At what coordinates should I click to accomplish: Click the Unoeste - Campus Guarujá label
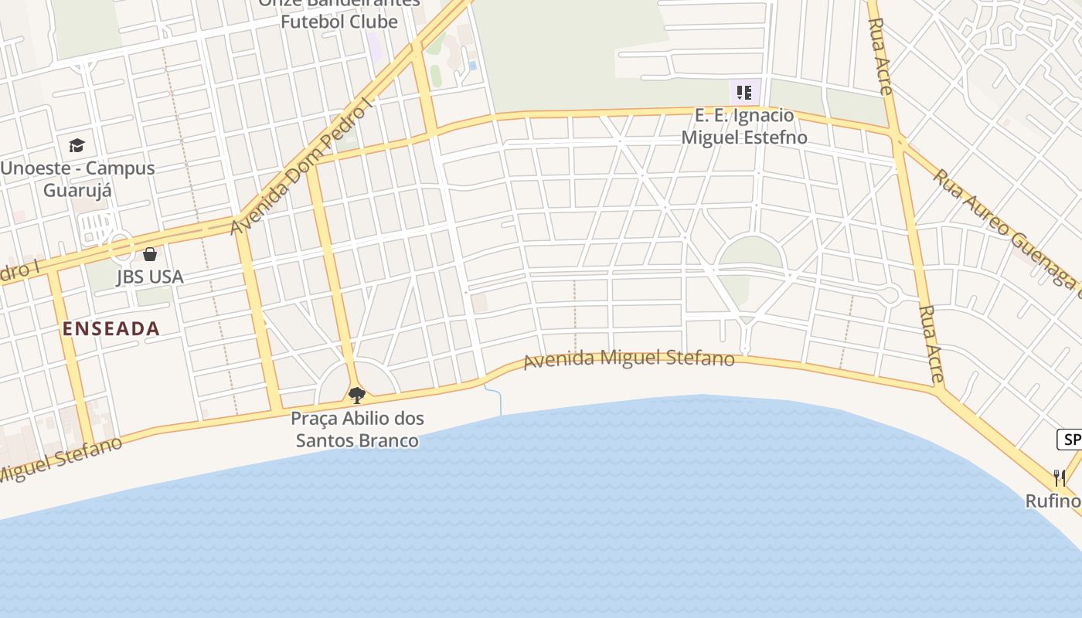[x=77, y=178]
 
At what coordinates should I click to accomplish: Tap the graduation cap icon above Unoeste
[x=77, y=145]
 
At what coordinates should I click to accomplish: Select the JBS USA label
[x=150, y=277]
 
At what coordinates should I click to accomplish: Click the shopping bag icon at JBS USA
[x=150, y=254]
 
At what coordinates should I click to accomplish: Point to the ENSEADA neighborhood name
[x=111, y=328]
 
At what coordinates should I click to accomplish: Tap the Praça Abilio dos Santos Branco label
[x=357, y=430]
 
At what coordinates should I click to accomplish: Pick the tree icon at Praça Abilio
[x=356, y=396]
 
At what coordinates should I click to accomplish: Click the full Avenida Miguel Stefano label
[x=629, y=359]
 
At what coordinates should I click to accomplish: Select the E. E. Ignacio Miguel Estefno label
[x=743, y=127]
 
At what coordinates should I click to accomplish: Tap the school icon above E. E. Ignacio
[x=744, y=93]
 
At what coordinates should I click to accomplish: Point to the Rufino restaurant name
[x=1053, y=501]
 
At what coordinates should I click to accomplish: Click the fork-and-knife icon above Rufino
[x=1060, y=478]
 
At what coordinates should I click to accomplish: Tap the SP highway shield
[x=1070, y=440]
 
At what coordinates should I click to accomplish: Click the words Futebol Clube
[x=339, y=22]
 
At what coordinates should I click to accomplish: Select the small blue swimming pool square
[x=472, y=66]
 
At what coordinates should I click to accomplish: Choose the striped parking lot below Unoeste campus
[x=96, y=226]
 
